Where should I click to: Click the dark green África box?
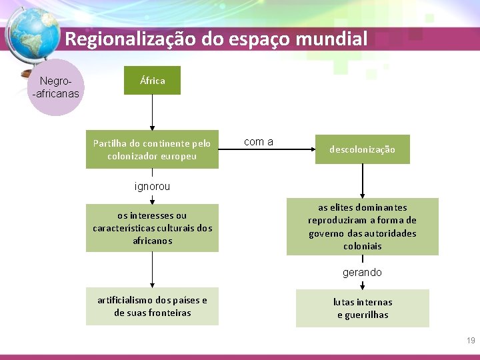[x=152, y=81]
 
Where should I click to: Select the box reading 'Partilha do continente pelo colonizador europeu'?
[x=152, y=149]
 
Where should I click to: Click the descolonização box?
[x=362, y=149]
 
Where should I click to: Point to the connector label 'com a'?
[x=259, y=141]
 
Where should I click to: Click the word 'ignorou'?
[x=152, y=187]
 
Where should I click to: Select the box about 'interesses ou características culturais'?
[x=152, y=228]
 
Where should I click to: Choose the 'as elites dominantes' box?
[x=362, y=227]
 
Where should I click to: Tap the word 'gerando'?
[x=362, y=272]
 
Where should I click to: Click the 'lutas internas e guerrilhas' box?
[x=362, y=308]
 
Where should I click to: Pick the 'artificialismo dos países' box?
[x=152, y=307]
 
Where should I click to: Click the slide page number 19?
[x=471, y=341]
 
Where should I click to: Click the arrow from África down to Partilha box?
[x=152, y=112]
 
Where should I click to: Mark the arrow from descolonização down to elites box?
[x=362, y=180]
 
